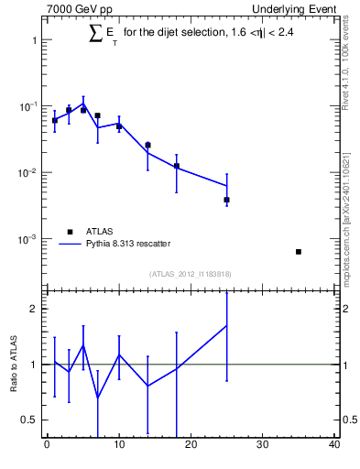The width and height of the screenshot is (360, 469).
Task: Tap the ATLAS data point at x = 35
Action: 299,252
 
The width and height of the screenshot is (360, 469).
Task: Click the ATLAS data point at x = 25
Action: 226,200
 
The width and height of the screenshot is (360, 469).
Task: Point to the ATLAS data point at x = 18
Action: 177,166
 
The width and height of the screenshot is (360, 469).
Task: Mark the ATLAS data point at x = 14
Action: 147,145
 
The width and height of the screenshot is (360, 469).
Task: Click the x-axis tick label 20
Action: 191,445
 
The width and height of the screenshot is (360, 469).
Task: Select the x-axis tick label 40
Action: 334,445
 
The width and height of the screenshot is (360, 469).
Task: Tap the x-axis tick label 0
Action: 47,445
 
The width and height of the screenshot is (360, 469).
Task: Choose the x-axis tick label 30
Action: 263,445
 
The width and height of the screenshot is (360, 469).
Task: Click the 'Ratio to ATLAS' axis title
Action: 14,365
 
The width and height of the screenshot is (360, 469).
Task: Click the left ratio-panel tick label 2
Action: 33,309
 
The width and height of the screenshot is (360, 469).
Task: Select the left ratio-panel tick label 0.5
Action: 29,420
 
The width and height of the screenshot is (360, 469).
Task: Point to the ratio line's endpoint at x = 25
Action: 226,325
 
